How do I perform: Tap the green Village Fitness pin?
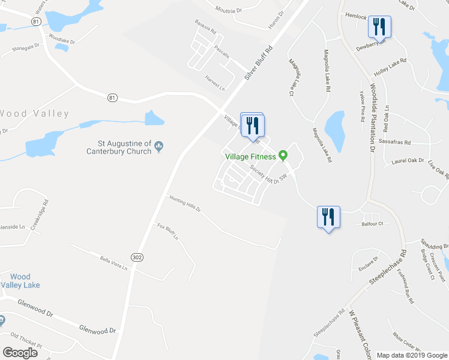click(284, 157)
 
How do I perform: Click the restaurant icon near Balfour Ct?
click(328, 217)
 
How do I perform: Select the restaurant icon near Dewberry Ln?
click(379, 26)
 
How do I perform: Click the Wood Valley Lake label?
click(20, 281)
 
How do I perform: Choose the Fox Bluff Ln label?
click(168, 231)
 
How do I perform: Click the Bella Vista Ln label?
click(113, 263)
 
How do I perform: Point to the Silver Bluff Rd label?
click(258, 64)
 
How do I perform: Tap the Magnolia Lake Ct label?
click(292, 77)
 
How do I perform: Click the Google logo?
click(20, 353)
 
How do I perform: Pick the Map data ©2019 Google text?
click(412, 355)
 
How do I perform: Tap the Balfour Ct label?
click(372, 224)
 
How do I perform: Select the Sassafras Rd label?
click(395, 143)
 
